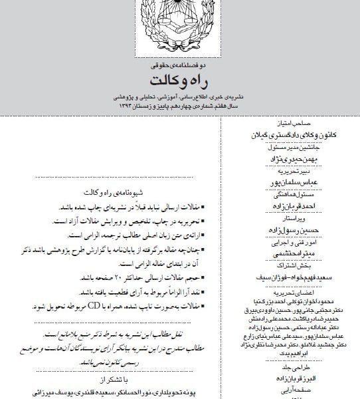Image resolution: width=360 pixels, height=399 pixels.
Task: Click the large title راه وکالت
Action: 179,81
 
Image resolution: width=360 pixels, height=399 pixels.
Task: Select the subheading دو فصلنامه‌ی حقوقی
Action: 179,66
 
